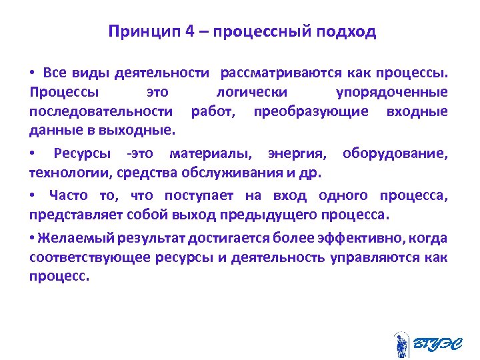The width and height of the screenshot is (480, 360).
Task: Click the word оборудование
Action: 395,155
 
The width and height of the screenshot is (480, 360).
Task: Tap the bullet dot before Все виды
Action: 32,71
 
